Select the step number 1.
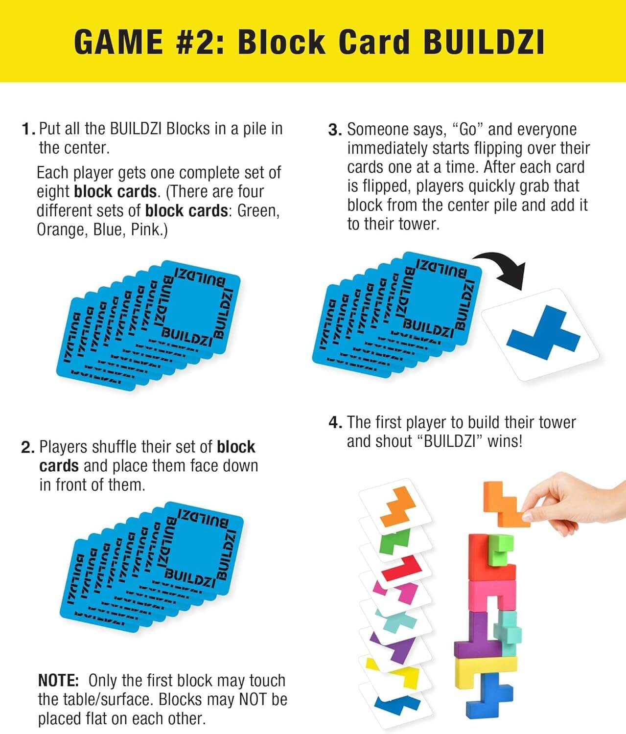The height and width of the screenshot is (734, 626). pyautogui.click(x=27, y=129)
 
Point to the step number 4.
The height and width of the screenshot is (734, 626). pyautogui.click(x=335, y=423)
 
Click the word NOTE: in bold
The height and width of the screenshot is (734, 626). pyautogui.click(x=58, y=681)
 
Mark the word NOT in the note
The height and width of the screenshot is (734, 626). pyautogui.click(x=249, y=700)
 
